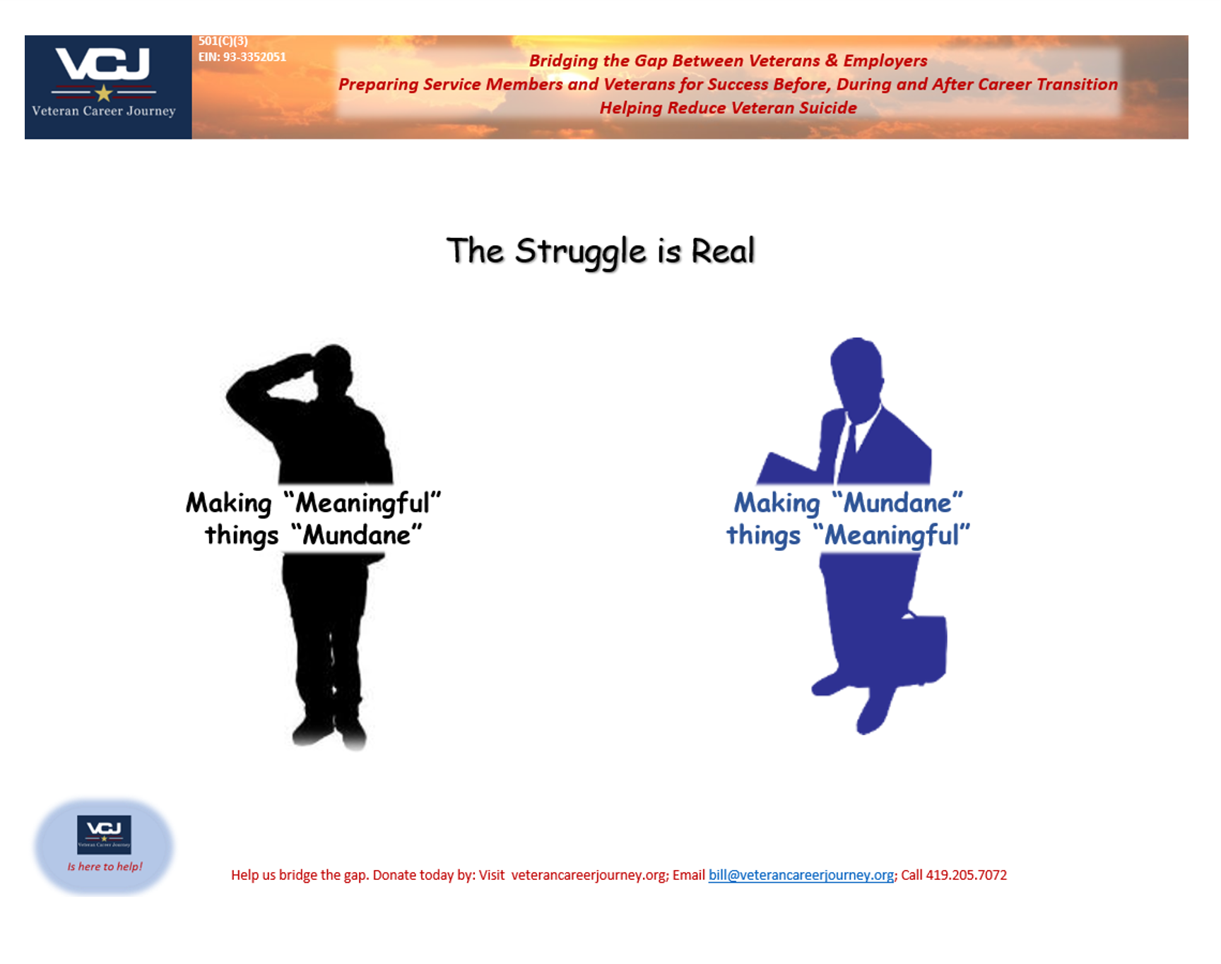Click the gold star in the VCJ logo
pyautogui.click(x=104, y=93)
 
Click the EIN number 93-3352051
pyautogui.click(x=254, y=57)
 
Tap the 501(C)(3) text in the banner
pyautogui.click(x=223, y=42)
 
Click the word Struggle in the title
pyautogui.click(x=580, y=252)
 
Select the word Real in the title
pyautogui.click(x=723, y=251)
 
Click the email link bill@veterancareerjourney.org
pyautogui.click(x=801, y=875)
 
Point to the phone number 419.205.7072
pyautogui.click(x=966, y=875)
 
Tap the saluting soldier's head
pyautogui.click(x=334, y=367)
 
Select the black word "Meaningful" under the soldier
pyautogui.click(x=362, y=504)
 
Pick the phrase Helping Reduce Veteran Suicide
pyautogui.click(x=728, y=108)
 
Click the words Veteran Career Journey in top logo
pyautogui.click(x=104, y=111)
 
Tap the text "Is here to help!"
pyautogui.click(x=105, y=867)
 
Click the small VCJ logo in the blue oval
pyautogui.click(x=104, y=833)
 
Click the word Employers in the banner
pyautogui.click(x=885, y=61)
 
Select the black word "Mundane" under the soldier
pyautogui.click(x=357, y=535)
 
